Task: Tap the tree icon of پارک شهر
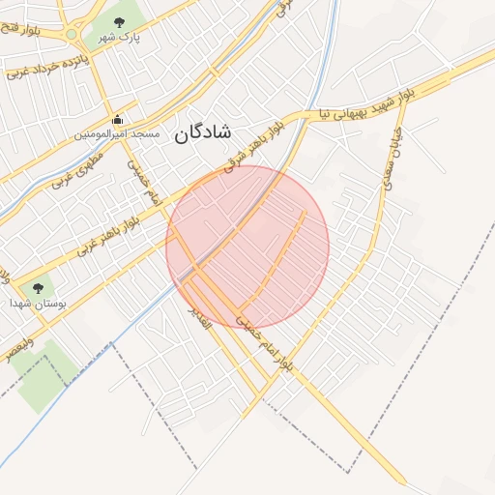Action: click(x=119, y=21)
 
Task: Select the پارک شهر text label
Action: click(x=122, y=39)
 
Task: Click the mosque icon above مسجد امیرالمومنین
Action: click(x=118, y=120)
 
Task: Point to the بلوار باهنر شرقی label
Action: click(x=255, y=145)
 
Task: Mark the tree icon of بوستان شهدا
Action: click(x=38, y=287)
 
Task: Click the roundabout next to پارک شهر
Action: click(x=72, y=35)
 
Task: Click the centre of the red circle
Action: click(x=247, y=247)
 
